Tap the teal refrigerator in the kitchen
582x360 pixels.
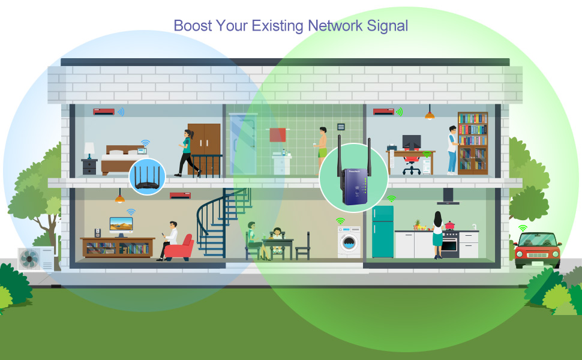click(382, 231)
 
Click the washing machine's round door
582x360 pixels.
click(349, 244)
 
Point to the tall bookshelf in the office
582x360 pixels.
click(473, 143)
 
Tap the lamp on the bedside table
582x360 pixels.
click(89, 149)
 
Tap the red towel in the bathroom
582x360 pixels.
click(277, 135)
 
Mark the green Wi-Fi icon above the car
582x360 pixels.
click(523, 228)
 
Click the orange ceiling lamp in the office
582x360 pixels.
click(430, 115)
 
